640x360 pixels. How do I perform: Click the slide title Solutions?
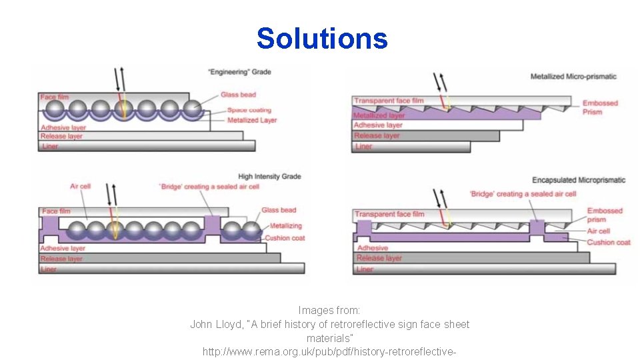[321, 39]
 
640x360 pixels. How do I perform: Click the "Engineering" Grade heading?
[239, 72]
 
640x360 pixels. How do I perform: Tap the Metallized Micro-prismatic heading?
[573, 77]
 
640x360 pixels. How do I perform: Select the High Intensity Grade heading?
[269, 177]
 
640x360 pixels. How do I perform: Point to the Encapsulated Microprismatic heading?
[579, 180]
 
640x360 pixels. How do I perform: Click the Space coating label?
[249, 110]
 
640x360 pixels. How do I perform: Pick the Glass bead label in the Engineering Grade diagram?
[239, 95]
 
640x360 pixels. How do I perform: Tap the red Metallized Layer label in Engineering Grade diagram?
[252, 120]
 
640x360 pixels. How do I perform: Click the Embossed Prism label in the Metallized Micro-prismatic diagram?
[600, 107]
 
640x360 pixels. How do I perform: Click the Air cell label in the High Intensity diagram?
[80, 186]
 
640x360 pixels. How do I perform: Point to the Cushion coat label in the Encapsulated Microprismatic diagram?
[609, 242]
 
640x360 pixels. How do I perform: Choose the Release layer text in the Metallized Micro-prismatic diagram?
[377, 135]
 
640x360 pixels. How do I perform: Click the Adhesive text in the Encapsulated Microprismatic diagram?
[371, 247]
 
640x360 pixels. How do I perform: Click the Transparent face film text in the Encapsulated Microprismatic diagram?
[389, 214]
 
